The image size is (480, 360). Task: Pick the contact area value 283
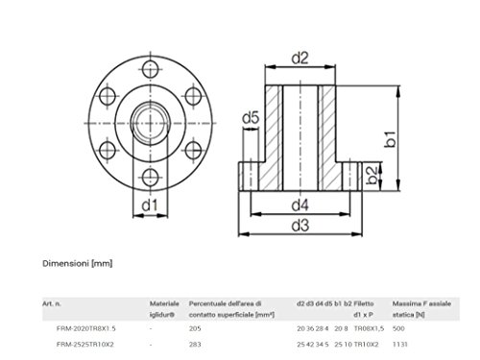pos(196,344)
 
